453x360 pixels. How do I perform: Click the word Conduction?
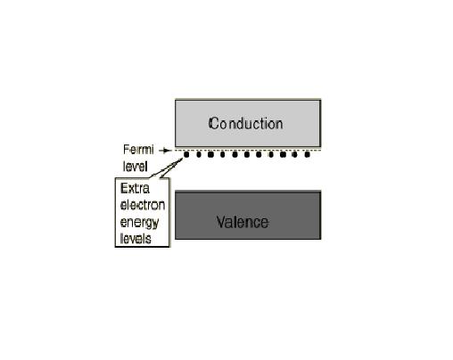[x=245, y=124]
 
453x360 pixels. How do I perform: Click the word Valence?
[x=243, y=222]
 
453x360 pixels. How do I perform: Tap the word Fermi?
[x=138, y=150]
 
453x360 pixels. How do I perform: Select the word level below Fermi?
[x=136, y=167]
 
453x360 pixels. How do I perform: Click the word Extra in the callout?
[x=135, y=188]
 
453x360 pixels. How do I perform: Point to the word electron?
[x=143, y=205]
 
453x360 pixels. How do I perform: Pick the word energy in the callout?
[x=139, y=223]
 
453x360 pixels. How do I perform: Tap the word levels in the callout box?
[x=136, y=239]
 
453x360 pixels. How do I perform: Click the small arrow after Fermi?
[x=165, y=151]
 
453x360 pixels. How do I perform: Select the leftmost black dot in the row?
[x=186, y=154]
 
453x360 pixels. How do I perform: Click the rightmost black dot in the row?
[x=308, y=154]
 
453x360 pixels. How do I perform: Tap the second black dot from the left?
[x=199, y=154]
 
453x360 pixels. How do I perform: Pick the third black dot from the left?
[x=210, y=154]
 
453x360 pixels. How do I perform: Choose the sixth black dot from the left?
[x=247, y=154]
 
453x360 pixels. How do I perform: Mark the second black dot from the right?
[x=295, y=154]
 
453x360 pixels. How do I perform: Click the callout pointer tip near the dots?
[x=183, y=159]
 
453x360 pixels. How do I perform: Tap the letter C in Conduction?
[x=213, y=123]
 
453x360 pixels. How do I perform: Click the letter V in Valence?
[x=221, y=222]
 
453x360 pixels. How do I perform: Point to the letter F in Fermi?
[x=126, y=150]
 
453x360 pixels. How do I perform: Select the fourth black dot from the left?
[x=222, y=154]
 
